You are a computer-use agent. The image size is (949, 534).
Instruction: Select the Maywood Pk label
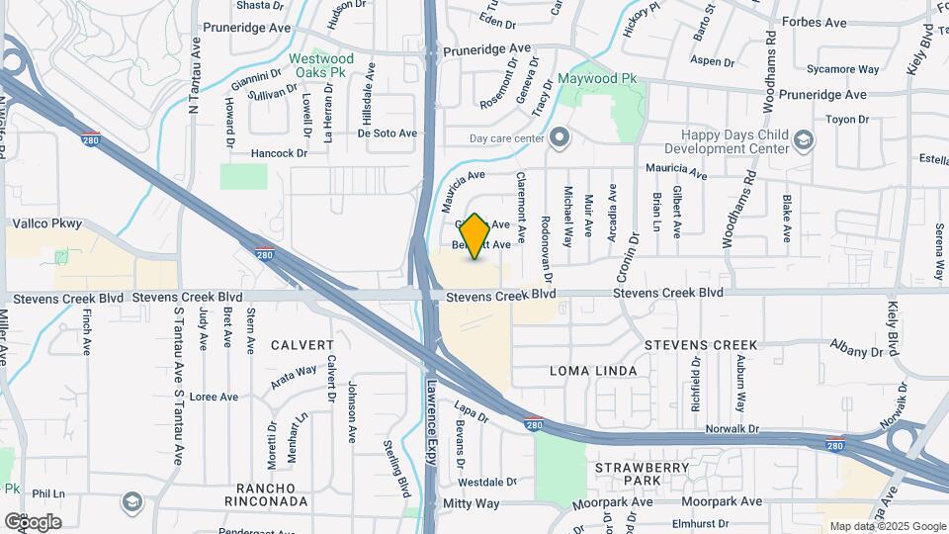[x=597, y=78]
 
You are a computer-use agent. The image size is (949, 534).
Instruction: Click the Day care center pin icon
[x=561, y=138]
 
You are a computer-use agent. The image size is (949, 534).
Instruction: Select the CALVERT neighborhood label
[x=305, y=345]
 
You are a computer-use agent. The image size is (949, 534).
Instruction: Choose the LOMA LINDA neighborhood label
[x=588, y=370]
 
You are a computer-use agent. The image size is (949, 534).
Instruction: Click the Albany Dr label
[x=856, y=351]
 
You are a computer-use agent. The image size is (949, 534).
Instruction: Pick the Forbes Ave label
[x=814, y=22]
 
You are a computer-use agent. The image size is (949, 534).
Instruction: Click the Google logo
[x=33, y=521]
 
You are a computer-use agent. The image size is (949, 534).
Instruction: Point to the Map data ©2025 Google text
[x=887, y=526]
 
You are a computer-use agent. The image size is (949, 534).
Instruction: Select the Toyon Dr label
[x=846, y=120]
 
